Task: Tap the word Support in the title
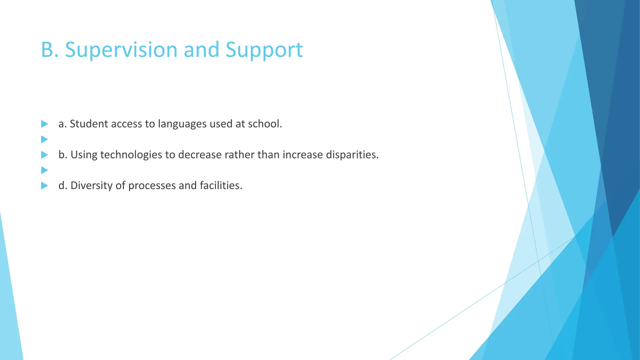(264, 50)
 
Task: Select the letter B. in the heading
(50, 50)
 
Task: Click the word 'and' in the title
(201, 50)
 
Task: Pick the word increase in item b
(302, 155)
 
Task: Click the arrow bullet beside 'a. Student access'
(44, 124)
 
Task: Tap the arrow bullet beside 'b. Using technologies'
(44, 155)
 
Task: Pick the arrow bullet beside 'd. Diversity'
(44, 186)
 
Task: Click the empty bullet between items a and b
(44, 139)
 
